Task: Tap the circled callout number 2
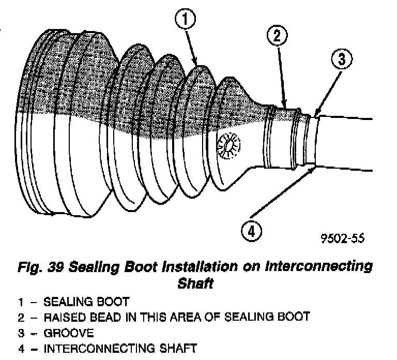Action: (277, 36)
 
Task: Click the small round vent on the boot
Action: (227, 145)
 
